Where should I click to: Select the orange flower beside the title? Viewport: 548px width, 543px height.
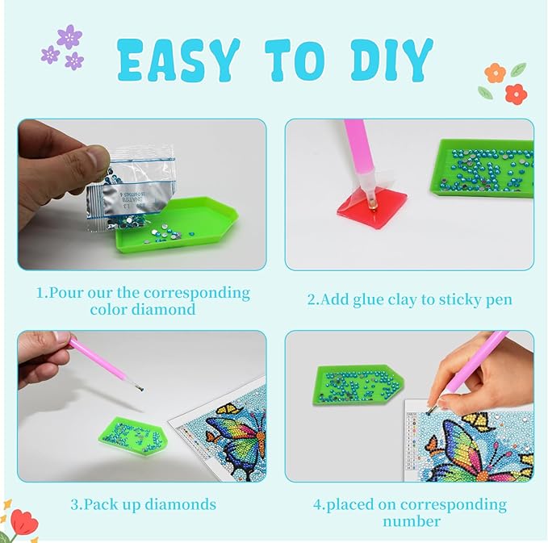pos(495,73)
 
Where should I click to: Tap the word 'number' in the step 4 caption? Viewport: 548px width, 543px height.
pos(411,521)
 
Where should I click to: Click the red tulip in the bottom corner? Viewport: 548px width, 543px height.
pos(23,521)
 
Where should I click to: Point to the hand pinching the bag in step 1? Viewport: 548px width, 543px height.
pos(56,169)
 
